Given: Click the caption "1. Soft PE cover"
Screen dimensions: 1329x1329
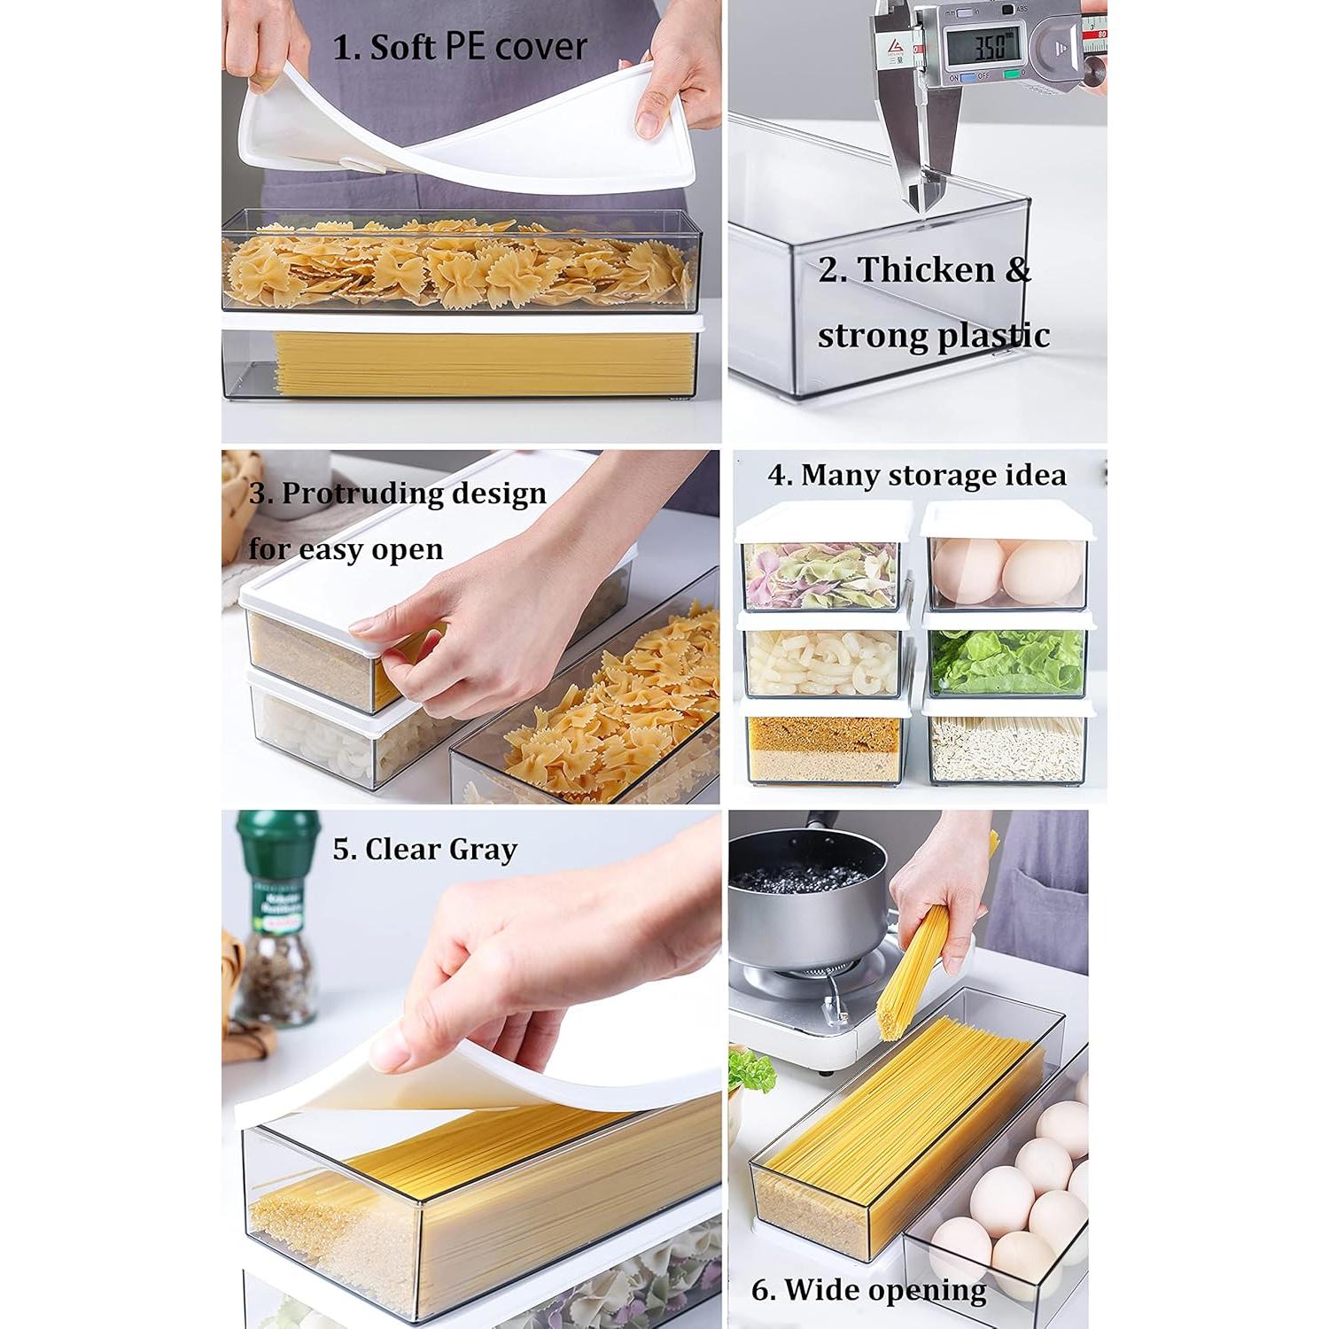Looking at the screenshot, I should point(460,46).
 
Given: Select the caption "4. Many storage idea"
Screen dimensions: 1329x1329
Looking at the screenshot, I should point(917,475).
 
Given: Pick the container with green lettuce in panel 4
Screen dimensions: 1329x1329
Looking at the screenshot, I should point(1006,661).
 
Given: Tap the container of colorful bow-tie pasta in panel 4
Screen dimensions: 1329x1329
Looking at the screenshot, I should point(820,571).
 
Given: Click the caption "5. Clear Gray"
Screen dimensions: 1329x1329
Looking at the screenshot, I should point(424,849).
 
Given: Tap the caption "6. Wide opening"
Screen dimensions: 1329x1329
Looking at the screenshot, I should point(868,1289).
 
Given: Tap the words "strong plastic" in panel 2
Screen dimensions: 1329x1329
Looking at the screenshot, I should point(933,336).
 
